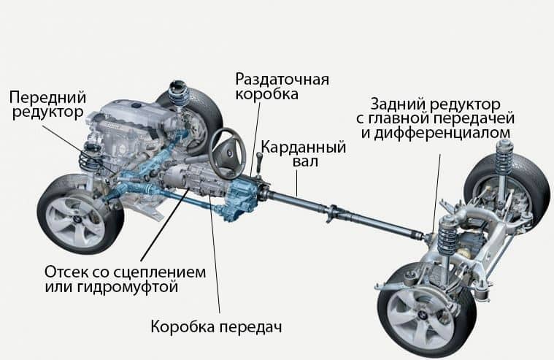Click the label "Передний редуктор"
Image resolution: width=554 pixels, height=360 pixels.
pyautogui.click(x=48, y=107)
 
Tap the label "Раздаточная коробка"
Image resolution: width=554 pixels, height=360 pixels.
pyautogui.click(x=280, y=86)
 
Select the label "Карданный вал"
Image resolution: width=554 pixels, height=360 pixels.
pyautogui.click(x=303, y=156)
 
